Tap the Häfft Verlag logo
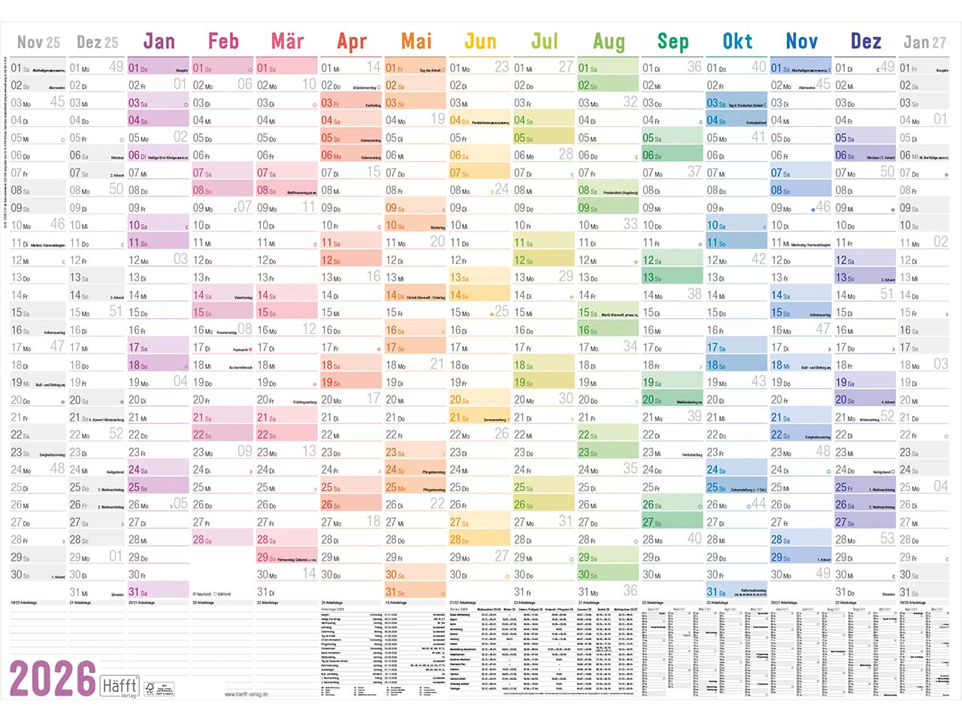[x=119, y=686]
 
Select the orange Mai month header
[x=416, y=41]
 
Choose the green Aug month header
[x=609, y=41]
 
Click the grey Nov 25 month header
[x=38, y=42]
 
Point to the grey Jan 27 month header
[x=924, y=42]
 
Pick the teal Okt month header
[x=737, y=41]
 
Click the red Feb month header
[x=223, y=41]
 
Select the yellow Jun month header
[x=480, y=41]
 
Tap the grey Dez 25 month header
[x=98, y=42]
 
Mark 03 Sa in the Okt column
[x=717, y=103]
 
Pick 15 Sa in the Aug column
[x=588, y=313]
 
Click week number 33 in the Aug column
[x=630, y=224]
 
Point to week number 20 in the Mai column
[x=437, y=241]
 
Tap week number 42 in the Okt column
[x=758, y=259]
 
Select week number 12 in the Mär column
[x=309, y=329]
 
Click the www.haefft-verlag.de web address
[x=246, y=694]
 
